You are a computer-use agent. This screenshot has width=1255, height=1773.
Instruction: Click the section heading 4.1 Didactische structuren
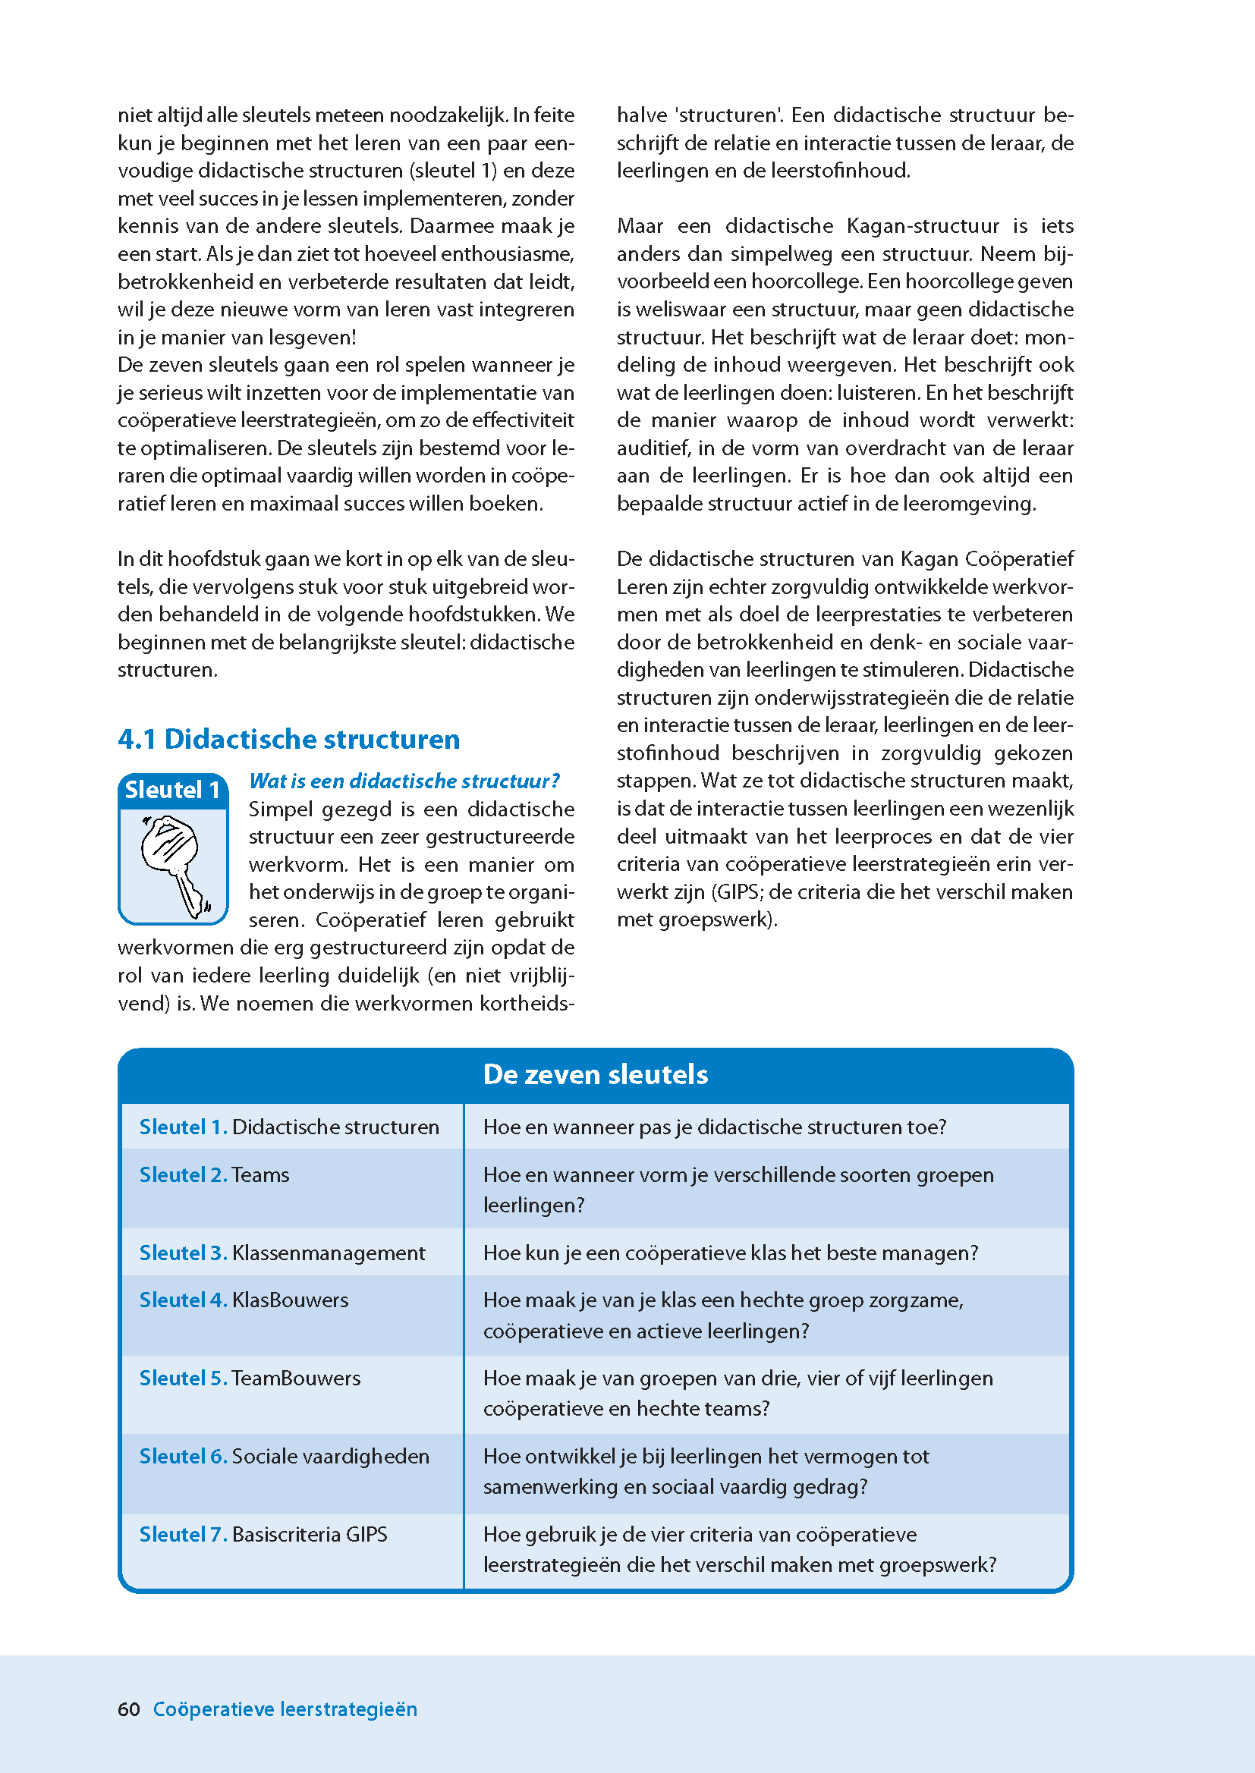pyautogui.click(x=288, y=740)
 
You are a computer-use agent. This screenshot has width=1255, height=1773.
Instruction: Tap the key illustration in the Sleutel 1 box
pyautogui.click(x=173, y=865)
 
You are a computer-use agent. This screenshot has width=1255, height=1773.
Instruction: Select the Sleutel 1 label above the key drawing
pyautogui.click(x=172, y=791)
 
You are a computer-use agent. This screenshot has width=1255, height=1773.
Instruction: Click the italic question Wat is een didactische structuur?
pyautogui.click(x=404, y=781)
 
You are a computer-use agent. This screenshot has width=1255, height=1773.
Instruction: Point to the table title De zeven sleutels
pyautogui.click(x=595, y=1074)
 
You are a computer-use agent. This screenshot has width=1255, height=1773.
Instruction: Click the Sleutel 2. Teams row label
pyautogui.click(x=214, y=1175)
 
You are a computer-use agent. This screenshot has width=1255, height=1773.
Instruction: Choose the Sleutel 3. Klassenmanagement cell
pyautogui.click(x=282, y=1253)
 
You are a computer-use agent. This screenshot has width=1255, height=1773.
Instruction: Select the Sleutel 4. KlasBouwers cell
pyautogui.click(x=244, y=1300)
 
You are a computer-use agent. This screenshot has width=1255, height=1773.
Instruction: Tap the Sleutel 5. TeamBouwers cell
pyautogui.click(x=250, y=1378)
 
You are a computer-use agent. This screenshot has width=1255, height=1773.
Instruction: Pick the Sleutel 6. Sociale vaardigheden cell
pyautogui.click(x=284, y=1456)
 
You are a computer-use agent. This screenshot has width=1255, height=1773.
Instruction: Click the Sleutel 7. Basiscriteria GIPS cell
pyautogui.click(x=263, y=1534)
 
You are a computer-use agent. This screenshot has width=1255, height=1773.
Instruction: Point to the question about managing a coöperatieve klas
pyautogui.click(x=730, y=1253)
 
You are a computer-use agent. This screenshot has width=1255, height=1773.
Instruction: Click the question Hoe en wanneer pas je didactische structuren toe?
pyautogui.click(x=715, y=1127)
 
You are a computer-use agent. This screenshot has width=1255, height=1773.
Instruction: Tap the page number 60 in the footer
pyautogui.click(x=129, y=1709)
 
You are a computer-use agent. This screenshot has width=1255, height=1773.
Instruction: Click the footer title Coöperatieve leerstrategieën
pyautogui.click(x=285, y=1709)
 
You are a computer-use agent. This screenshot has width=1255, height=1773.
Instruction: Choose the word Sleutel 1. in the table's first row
pyautogui.click(x=183, y=1127)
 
